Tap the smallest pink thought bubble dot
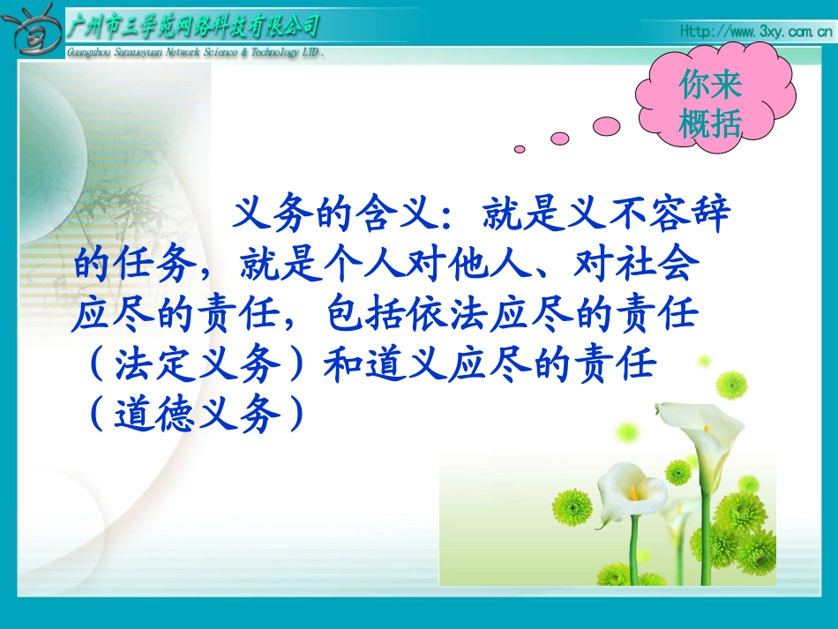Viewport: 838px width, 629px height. [520, 149]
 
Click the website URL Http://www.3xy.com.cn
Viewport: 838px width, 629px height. [756, 33]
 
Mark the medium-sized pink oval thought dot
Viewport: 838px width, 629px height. [560, 139]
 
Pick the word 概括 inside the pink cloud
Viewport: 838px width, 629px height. [711, 124]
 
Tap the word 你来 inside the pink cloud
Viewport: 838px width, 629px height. [711, 86]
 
